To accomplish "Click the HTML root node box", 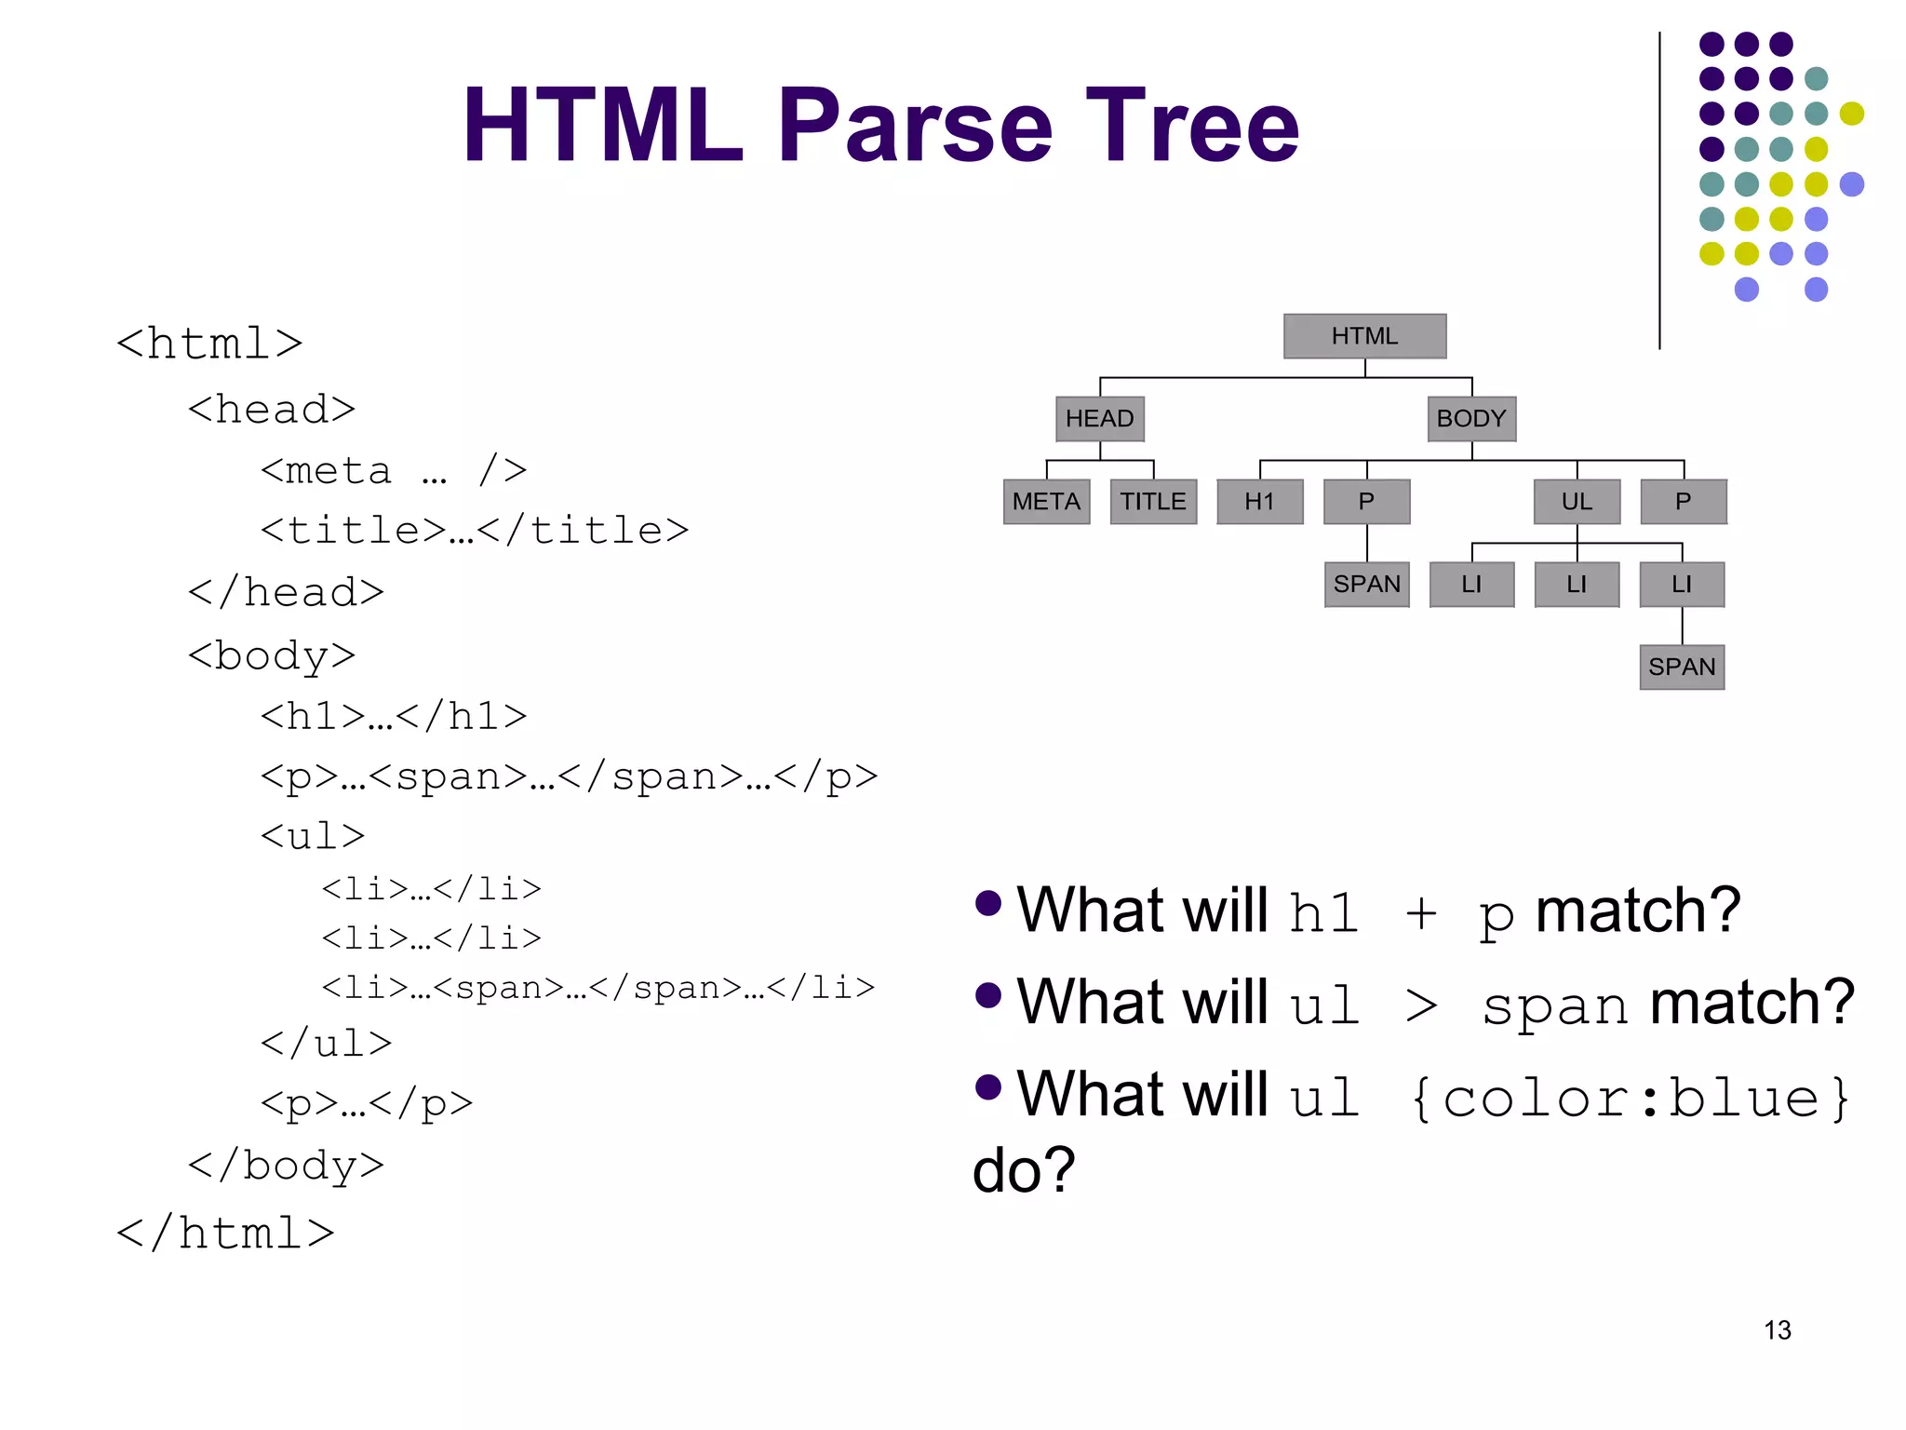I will point(1364,336).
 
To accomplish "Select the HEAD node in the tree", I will point(1099,419).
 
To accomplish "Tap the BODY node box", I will point(1470,419).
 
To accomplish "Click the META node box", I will point(1046,502).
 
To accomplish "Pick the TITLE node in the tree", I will point(1153,502).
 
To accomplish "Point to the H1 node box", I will point(1259,502).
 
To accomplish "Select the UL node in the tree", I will point(1577,502).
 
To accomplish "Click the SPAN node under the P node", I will point(1366,585).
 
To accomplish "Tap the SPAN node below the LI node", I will point(1681,668).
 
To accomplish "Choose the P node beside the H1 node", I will point(1366,502).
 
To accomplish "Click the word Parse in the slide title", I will point(915,126).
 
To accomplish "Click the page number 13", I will point(1777,1330).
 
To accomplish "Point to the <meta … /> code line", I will point(393,471).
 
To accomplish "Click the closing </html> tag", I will point(224,1234).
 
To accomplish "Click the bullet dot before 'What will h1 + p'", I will point(987,903).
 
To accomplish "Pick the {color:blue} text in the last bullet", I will point(1629,1099).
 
